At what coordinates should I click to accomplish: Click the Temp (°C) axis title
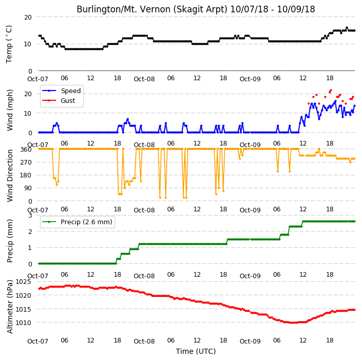pyautogui.click(x=9, y=44)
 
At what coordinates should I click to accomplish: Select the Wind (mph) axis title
pyautogui.click(x=10, y=110)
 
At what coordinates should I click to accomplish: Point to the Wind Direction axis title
pyautogui.click(x=10, y=175)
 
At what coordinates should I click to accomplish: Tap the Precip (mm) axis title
pyautogui.click(x=10, y=241)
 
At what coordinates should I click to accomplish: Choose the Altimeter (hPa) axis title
pyautogui.click(x=10, y=307)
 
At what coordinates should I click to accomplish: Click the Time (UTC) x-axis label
pyautogui.click(x=196, y=351)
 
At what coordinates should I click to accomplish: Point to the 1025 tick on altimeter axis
pyautogui.click(x=23, y=282)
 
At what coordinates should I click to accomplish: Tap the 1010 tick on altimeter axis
pyautogui.click(x=23, y=322)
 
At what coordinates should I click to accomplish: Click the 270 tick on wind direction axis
pyautogui.click(x=26, y=163)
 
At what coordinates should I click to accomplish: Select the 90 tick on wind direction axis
pyautogui.click(x=28, y=188)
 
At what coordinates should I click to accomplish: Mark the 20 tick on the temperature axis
pyautogui.click(x=28, y=17)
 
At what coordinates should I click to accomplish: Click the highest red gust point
pyautogui.click(x=331, y=90)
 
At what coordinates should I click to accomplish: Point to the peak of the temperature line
pyautogui.click(x=347, y=27)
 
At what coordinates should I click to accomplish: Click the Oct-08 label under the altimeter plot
pyautogui.click(x=144, y=341)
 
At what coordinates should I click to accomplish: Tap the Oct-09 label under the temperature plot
pyautogui.click(x=250, y=79)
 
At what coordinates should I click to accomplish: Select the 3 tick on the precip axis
pyautogui.click(x=30, y=215)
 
